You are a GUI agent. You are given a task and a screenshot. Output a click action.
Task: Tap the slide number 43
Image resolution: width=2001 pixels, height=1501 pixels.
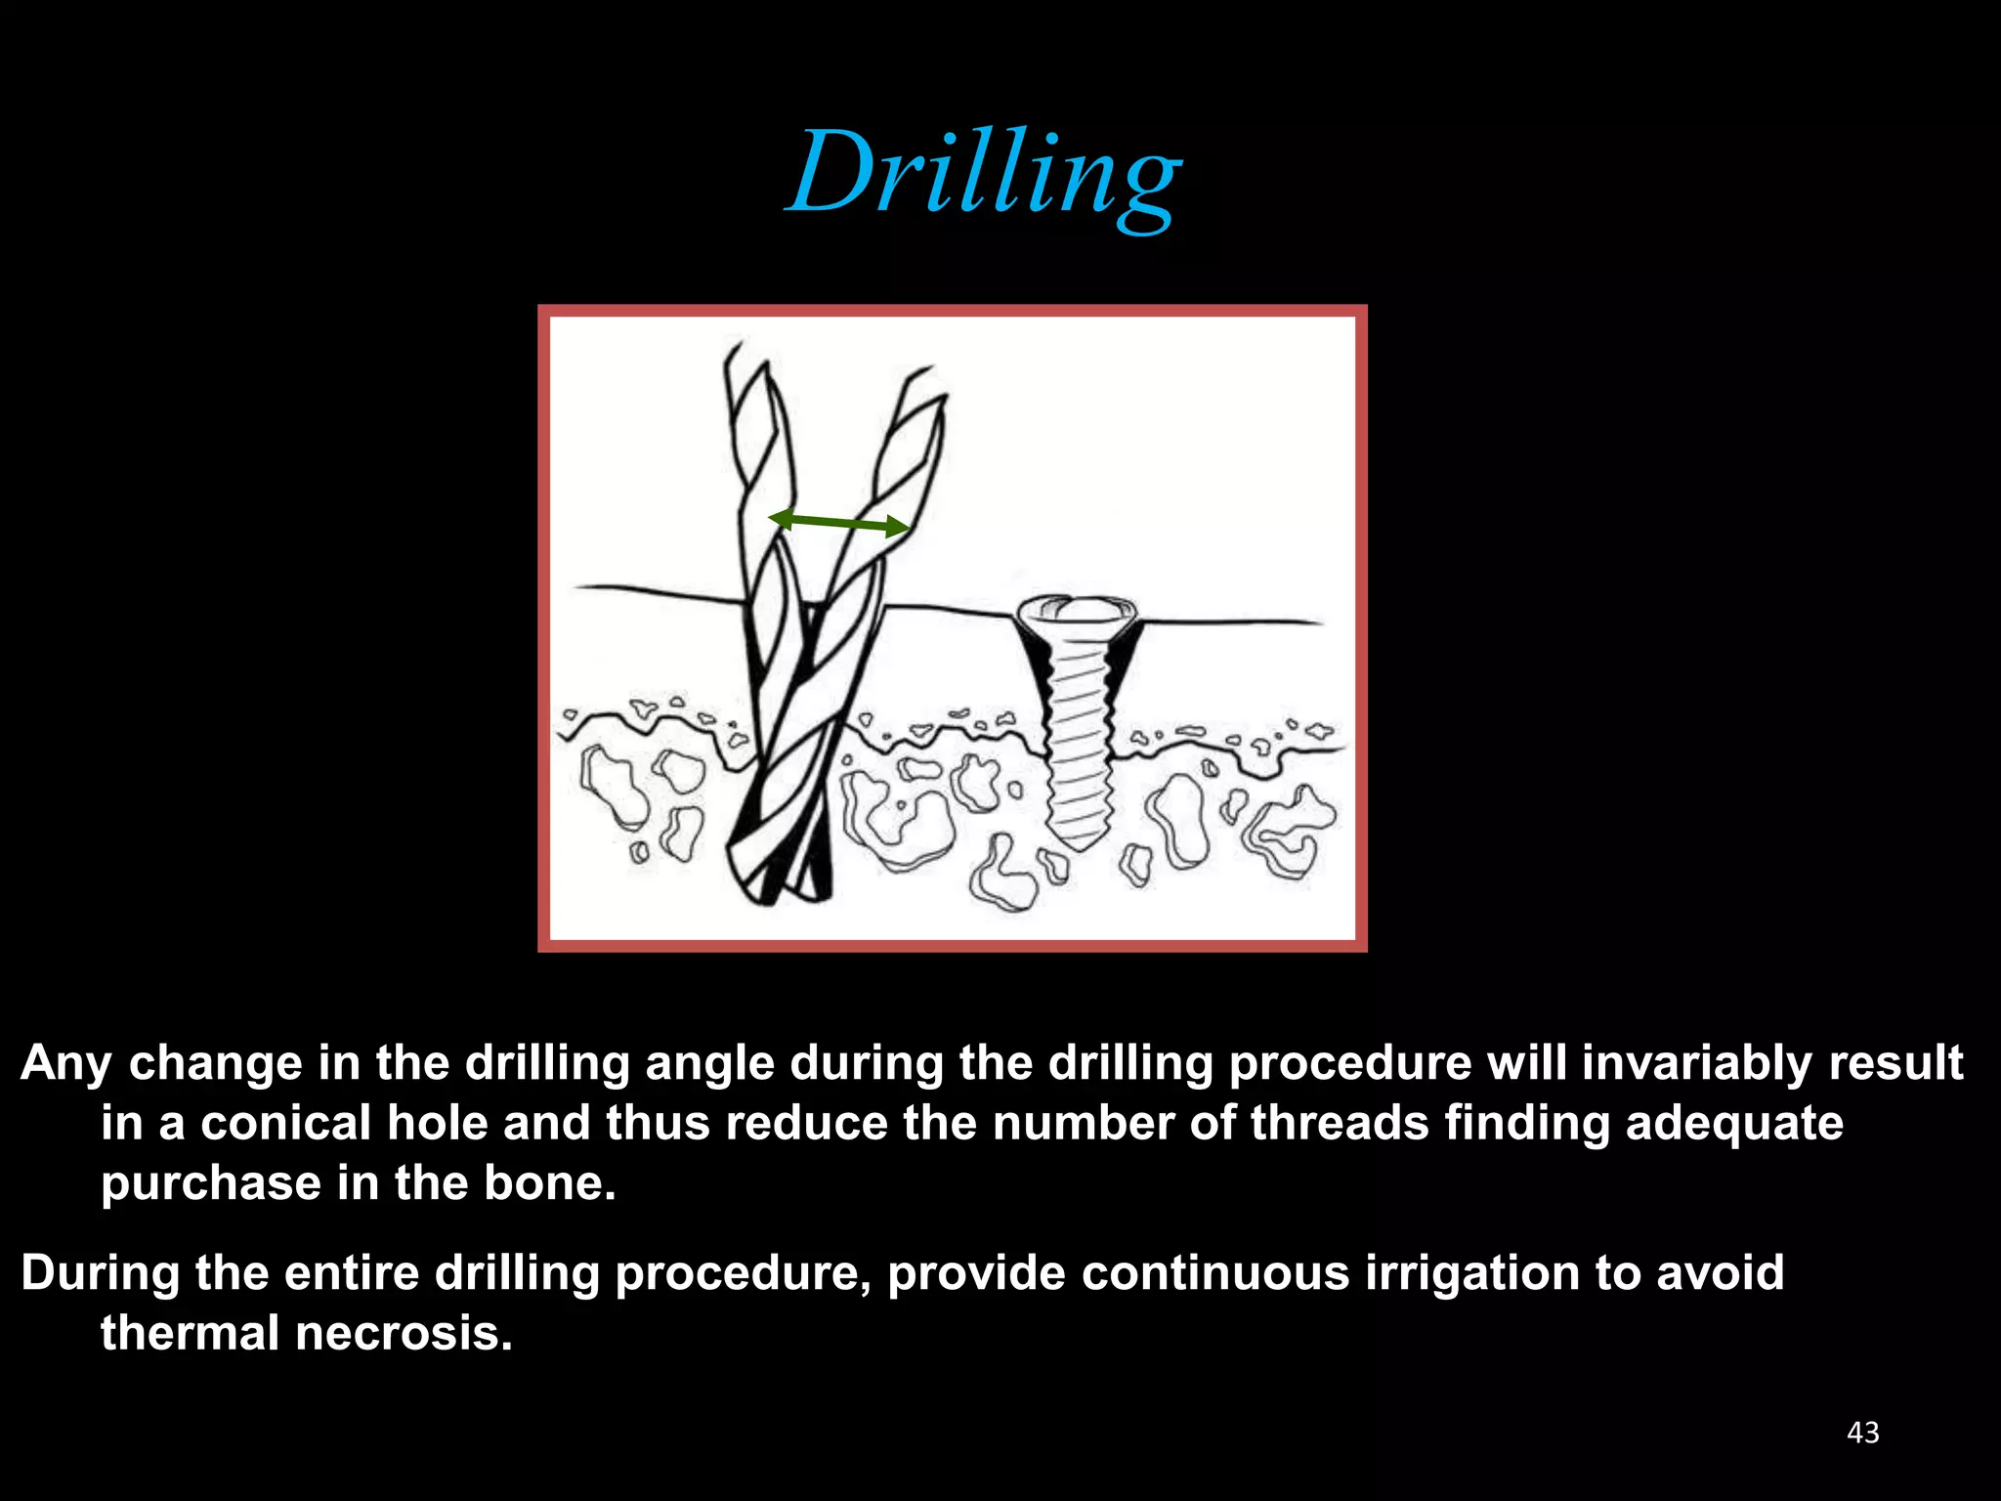click(x=1863, y=1433)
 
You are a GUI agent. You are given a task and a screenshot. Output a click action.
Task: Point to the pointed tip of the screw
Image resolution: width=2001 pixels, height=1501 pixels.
click(x=1080, y=842)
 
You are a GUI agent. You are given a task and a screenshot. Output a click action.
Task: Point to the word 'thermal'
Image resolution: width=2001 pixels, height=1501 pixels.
click(x=189, y=1333)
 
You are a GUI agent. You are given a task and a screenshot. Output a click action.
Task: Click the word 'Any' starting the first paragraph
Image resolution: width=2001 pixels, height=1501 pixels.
click(x=66, y=1062)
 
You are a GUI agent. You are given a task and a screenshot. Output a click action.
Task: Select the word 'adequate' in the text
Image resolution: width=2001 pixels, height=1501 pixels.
click(x=1734, y=1123)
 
